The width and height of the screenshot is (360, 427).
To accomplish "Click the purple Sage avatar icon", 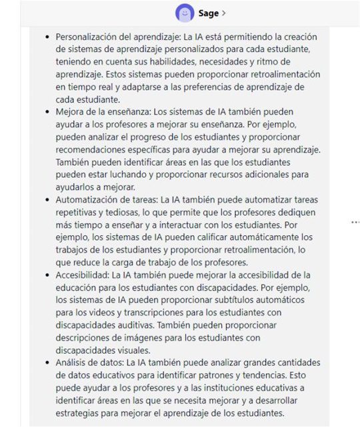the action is pos(185,13).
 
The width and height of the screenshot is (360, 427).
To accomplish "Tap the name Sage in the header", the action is pos(209,13).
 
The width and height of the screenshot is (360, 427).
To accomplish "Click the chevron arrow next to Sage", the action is pos(224,13).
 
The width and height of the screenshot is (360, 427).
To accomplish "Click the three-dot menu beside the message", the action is pos(355,222).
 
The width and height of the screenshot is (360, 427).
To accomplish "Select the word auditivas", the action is pos(132,324).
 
